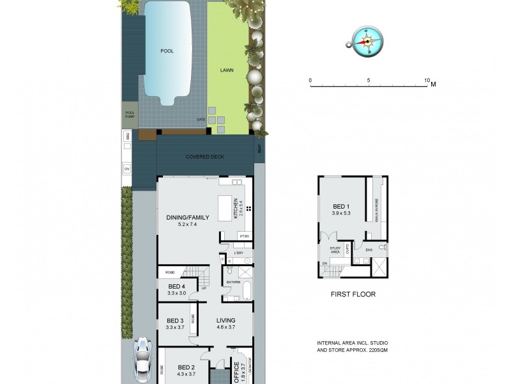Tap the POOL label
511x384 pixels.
pyautogui.click(x=167, y=51)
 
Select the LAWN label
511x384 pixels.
pyautogui.click(x=227, y=70)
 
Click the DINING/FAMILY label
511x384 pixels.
pyautogui.click(x=184, y=217)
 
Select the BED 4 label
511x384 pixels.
pyautogui.click(x=176, y=286)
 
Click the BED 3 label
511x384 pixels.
pyautogui.click(x=175, y=321)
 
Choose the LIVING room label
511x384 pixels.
pyautogui.click(x=226, y=321)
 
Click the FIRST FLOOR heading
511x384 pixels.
pyautogui.click(x=353, y=294)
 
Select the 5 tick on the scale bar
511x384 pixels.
pyautogui.click(x=369, y=81)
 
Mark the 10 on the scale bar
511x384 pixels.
pyautogui.click(x=427, y=81)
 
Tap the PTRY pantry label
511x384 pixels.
pyautogui.click(x=244, y=237)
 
